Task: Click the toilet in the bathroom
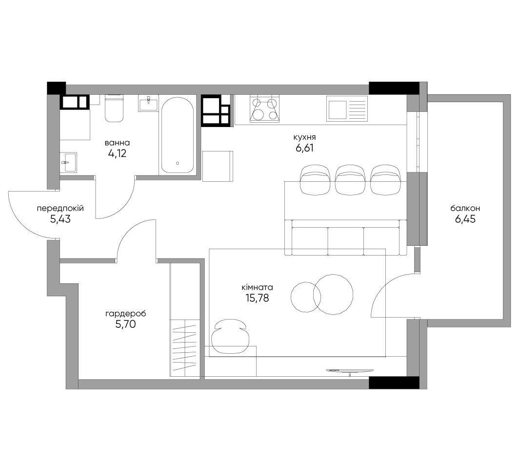[x=114, y=108]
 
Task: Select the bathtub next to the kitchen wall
[x=178, y=135]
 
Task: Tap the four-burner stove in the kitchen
[x=264, y=108]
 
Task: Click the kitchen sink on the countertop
[x=347, y=108]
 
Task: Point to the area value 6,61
[x=304, y=148]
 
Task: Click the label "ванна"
[x=117, y=143]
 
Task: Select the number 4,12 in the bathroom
[x=117, y=153]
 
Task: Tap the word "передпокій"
[x=60, y=209]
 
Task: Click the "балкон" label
[x=465, y=209]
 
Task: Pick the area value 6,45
[x=465, y=219]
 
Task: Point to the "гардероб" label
[x=125, y=314]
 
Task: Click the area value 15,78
[x=257, y=298]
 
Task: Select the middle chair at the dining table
[x=350, y=180]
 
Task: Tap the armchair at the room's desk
[x=231, y=336]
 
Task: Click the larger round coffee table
[x=333, y=294]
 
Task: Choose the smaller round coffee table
[x=306, y=297]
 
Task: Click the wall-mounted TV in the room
[x=350, y=371]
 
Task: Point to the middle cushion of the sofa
[x=345, y=241]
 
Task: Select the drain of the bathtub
[x=178, y=163]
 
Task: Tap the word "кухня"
[x=304, y=137]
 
